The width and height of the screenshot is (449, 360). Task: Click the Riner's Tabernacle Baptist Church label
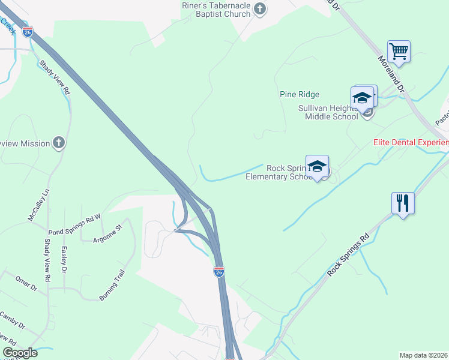[216, 9]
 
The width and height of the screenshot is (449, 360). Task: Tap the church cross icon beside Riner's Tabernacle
[259, 8]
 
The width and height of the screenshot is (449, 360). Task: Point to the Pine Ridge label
[300, 94]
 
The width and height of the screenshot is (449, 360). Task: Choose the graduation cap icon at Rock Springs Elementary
[318, 166]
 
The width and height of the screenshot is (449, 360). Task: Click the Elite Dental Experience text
[411, 142]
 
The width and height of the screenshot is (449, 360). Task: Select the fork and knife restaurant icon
[403, 202]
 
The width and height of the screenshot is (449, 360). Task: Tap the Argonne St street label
[107, 234]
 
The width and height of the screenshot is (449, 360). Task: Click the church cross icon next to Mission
[58, 142]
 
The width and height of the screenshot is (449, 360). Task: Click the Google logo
[20, 353]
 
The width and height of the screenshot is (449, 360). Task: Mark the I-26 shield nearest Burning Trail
[218, 271]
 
